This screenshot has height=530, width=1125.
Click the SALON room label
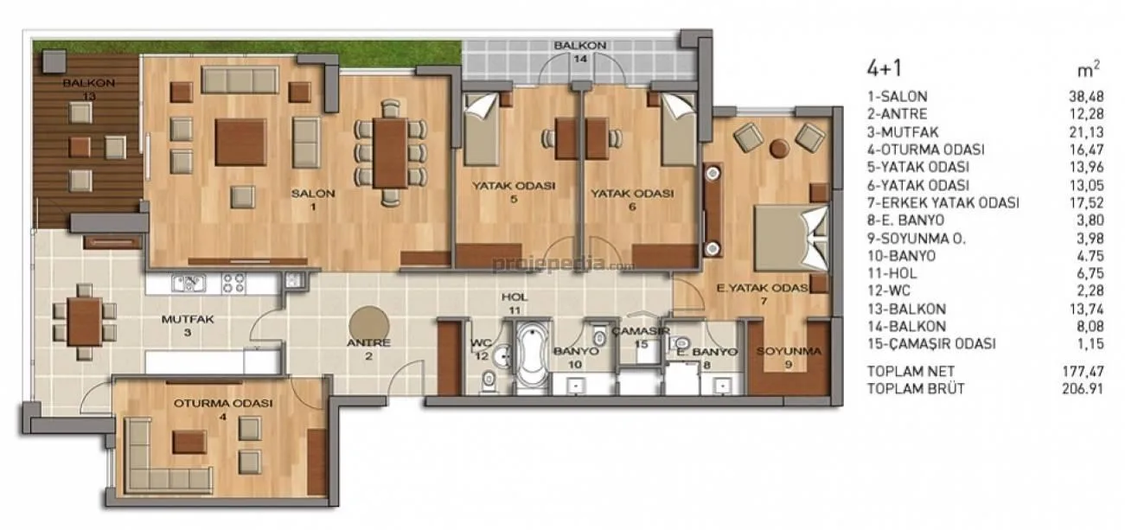pyautogui.click(x=313, y=194)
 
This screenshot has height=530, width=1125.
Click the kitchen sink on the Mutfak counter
pyautogui.click(x=189, y=284)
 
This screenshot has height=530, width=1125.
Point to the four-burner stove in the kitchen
pyautogui.click(x=233, y=284)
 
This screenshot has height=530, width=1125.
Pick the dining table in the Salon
pyautogui.click(x=390, y=153)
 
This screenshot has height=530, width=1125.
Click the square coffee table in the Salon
pyautogui.click(x=240, y=143)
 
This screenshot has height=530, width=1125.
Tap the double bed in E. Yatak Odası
pyautogui.click(x=790, y=238)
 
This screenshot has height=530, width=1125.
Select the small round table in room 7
pyautogui.click(x=779, y=148)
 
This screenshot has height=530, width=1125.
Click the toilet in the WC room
pyautogui.click(x=488, y=382)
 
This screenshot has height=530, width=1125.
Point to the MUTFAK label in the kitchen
pyautogui.click(x=188, y=319)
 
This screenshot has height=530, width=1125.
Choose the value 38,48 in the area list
pyautogui.click(x=1086, y=97)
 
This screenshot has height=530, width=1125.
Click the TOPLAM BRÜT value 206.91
pyautogui.click(x=1083, y=389)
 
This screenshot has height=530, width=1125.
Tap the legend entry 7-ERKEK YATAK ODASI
pyautogui.click(x=943, y=203)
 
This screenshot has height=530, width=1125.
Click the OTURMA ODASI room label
pyautogui.click(x=223, y=404)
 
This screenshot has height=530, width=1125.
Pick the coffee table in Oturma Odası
pyautogui.click(x=189, y=442)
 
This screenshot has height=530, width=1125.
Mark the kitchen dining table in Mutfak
pyautogui.click(x=85, y=322)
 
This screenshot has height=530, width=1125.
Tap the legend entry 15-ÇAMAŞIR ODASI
pyautogui.click(x=931, y=343)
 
